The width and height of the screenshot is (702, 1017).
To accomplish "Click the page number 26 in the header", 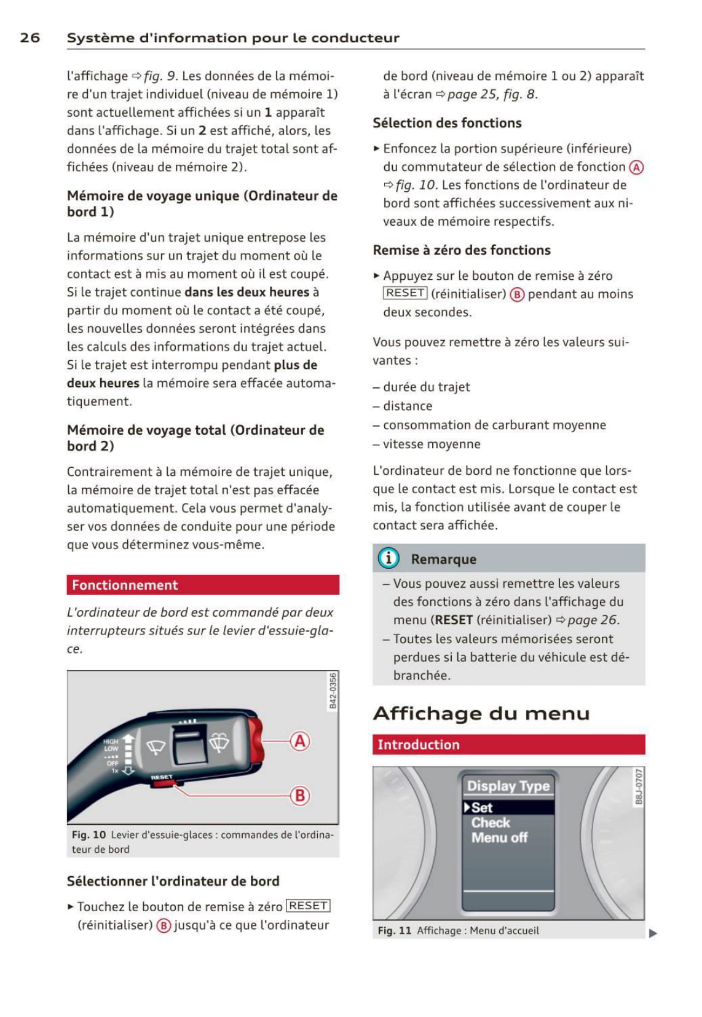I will (30, 38).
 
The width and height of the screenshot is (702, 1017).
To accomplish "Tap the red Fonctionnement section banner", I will (203, 585).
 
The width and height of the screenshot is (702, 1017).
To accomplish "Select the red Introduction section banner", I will (508, 745).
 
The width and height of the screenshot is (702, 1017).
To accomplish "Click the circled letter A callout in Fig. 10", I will (300, 741).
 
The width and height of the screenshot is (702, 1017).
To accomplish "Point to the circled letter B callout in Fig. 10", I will (300, 796).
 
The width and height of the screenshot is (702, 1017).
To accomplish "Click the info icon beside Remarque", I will (388, 558).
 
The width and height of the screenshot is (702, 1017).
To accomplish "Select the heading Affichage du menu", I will (481, 713).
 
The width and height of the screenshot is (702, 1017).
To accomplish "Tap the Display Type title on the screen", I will (508, 786).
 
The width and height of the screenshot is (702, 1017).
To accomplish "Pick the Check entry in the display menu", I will (491, 823).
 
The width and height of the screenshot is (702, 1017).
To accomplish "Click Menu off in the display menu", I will (499, 837).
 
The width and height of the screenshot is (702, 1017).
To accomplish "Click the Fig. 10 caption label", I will (89, 835).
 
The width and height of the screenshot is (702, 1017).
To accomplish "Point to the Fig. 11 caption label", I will (395, 930).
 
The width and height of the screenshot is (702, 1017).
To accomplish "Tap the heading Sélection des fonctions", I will (447, 123).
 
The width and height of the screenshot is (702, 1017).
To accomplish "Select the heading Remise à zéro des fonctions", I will (462, 250).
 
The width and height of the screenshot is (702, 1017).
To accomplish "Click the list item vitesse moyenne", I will (432, 444).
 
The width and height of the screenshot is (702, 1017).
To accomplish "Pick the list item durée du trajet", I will (426, 387).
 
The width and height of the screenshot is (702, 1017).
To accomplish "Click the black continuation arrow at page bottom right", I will (653, 933).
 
